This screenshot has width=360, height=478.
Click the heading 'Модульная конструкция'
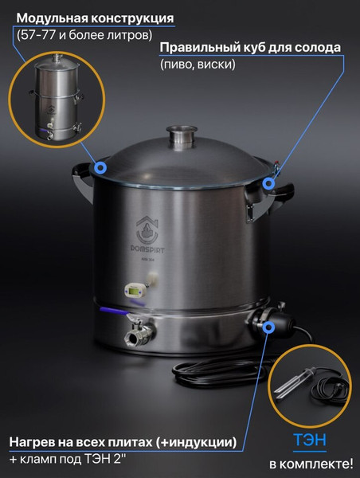(x=95, y=18)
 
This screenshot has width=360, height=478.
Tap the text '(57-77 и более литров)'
(x=84, y=35)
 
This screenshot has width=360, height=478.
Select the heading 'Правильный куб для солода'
(x=250, y=48)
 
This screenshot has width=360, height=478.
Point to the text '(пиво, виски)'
(x=198, y=65)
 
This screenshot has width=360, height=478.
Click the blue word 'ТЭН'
(x=309, y=440)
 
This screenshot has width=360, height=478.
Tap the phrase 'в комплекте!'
(x=311, y=464)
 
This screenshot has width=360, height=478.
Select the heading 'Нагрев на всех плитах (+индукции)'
(x=123, y=442)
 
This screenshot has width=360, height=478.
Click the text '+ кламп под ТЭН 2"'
(x=68, y=459)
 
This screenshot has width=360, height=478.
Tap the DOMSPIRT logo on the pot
(x=147, y=236)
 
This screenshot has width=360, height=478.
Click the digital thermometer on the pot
(x=134, y=291)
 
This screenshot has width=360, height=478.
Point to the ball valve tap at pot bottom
(x=139, y=334)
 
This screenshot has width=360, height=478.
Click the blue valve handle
(x=112, y=311)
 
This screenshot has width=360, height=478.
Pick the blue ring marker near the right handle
(x=268, y=183)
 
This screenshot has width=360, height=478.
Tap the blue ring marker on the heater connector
(x=268, y=327)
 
